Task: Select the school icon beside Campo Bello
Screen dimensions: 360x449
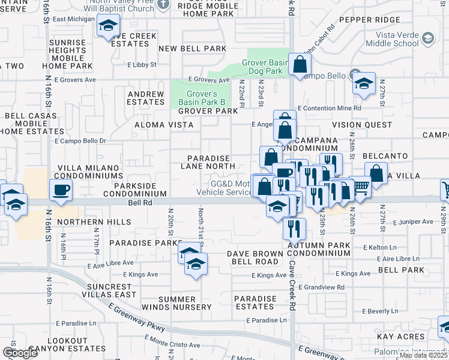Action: coord(363,84)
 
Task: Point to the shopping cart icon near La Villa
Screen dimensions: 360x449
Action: coord(360,188)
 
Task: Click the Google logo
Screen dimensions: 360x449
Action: coord(20,352)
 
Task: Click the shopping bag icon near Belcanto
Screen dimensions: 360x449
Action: coord(376,174)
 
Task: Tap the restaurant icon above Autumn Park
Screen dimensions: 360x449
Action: coord(294,229)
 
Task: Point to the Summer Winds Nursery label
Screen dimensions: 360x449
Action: coord(185,303)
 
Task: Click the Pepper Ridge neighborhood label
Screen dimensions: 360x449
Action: coord(361,20)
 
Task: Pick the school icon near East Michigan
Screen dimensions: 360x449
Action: coord(108,26)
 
